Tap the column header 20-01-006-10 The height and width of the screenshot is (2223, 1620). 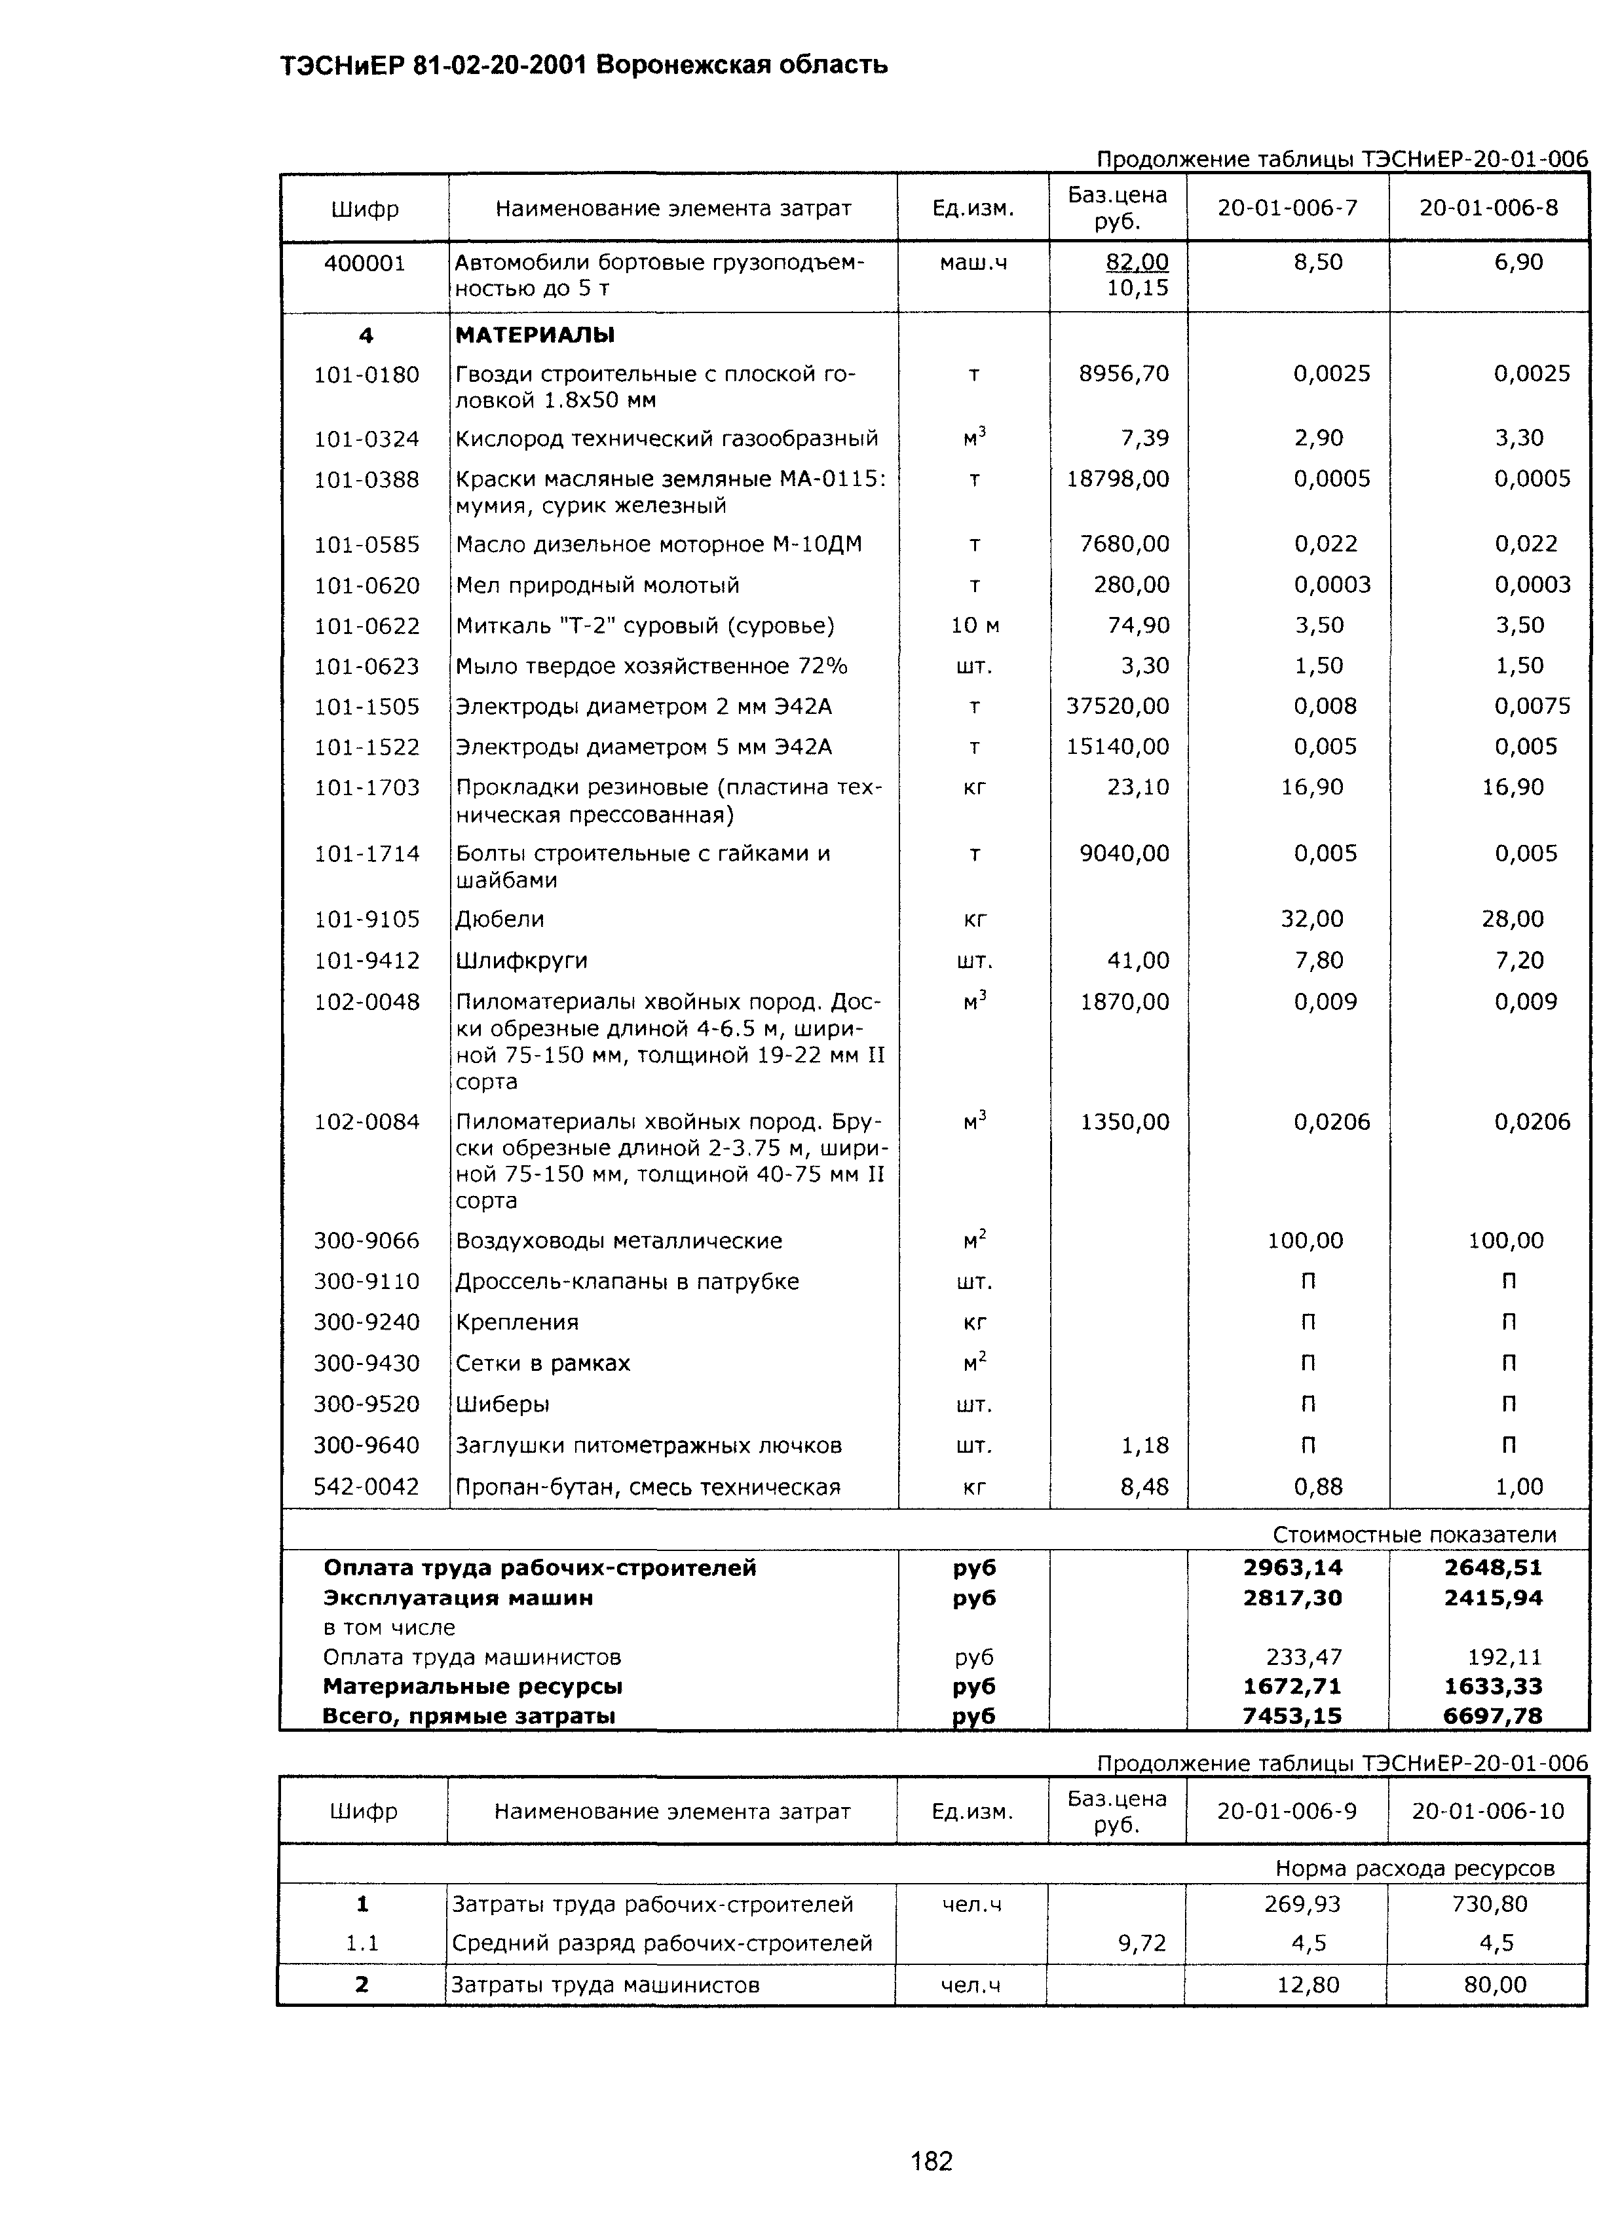coord(1488,1811)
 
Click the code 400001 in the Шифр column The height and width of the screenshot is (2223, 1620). coord(365,263)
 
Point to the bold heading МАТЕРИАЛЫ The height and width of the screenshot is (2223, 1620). coord(535,335)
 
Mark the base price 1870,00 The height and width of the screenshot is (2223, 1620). coord(1125,1002)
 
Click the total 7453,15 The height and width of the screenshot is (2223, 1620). coord(1292,1715)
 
